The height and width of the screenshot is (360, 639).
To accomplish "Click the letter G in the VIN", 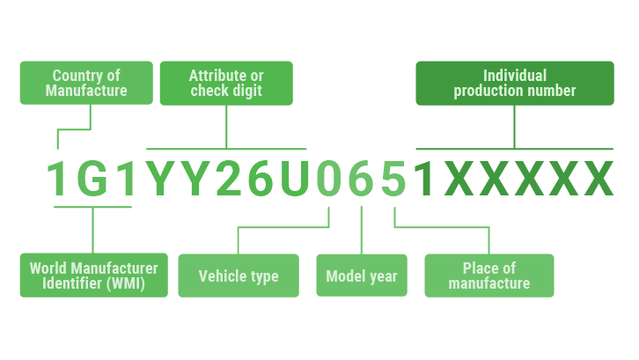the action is tap(92, 179).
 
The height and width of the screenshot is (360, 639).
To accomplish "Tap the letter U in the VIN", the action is tap(295, 179).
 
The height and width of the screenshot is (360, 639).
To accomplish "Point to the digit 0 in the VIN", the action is tap(329, 179).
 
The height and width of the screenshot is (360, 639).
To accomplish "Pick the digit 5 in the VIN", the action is tap(393, 179).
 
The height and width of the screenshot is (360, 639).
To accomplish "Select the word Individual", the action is tap(515, 76).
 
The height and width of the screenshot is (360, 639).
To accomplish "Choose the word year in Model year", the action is tap(383, 277).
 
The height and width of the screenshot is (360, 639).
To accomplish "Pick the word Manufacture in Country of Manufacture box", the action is tap(86, 91).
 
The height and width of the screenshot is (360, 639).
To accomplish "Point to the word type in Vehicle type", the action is tap(264, 277).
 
